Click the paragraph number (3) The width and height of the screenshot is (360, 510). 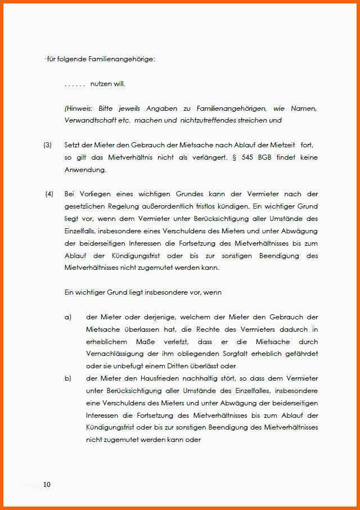[47, 145]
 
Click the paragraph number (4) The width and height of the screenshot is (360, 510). [49, 194]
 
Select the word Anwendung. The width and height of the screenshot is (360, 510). [84, 169]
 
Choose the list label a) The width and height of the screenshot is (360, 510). [68, 317]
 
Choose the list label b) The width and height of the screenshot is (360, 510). [68, 378]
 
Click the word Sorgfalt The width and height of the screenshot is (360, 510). [238, 354]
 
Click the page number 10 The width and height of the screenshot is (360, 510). [46, 485]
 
